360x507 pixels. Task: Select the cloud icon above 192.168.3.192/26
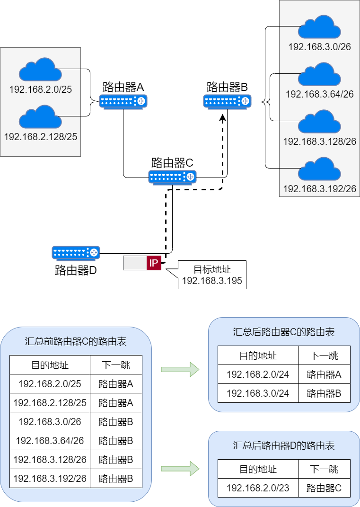pos(319,169)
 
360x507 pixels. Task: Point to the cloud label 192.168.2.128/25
pos(40,137)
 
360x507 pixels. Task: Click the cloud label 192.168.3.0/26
pos(319,47)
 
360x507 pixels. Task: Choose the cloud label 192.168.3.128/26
pos(319,142)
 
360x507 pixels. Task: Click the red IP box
pos(154,263)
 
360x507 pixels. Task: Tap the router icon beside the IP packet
pos(76,253)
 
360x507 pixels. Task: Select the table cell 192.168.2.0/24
pos(258,374)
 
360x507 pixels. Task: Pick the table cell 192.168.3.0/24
pos(258,393)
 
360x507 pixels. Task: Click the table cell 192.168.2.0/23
pos(258,488)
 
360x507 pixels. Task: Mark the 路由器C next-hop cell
pos(324,488)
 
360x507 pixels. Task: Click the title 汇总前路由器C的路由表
pos(76,342)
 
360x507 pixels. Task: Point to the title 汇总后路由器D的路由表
pos(284,445)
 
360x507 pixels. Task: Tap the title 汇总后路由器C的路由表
pos(284,332)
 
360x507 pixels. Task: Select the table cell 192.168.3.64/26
pos(50,441)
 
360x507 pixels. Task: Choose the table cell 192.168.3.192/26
pos(50,479)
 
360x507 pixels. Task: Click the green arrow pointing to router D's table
pos(180,469)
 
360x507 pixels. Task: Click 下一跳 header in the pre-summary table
pos(116,365)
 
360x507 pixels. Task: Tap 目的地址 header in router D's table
pos(258,469)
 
